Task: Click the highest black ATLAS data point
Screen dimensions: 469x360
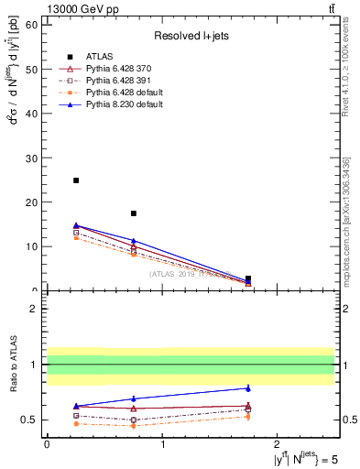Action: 76,180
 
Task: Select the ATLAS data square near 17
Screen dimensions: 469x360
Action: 134,213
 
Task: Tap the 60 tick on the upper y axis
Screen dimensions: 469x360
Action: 35,25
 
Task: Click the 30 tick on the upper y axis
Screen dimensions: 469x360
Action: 35,158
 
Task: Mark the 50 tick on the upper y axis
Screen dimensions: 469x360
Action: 35,69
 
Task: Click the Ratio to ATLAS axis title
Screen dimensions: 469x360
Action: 14,365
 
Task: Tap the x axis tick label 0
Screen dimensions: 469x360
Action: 47,443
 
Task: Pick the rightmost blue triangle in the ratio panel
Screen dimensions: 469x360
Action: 248,387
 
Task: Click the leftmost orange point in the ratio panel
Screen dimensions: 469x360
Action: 76,423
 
